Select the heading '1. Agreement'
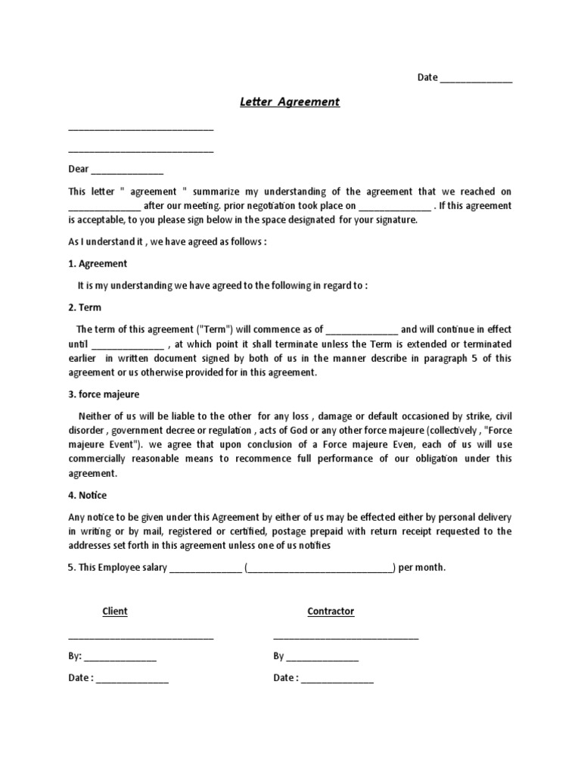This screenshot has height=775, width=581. [x=98, y=264]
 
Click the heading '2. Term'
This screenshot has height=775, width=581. [x=85, y=308]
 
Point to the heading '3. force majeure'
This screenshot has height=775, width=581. [x=104, y=395]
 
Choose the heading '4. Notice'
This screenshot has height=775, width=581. [x=87, y=496]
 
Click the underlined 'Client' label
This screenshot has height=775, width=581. [x=115, y=612]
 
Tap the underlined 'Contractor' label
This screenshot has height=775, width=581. [x=331, y=612]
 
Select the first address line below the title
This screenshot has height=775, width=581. [x=141, y=131]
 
